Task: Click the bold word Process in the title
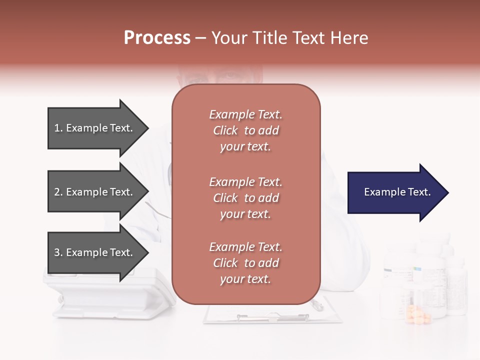point(157,38)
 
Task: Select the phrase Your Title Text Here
point(290,38)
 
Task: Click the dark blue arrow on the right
point(395,192)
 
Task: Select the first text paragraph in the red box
point(245,130)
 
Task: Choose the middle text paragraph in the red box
point(245,198)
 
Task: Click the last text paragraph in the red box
point(245,263)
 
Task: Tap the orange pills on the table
point(419,315)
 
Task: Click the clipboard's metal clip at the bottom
point(272,317)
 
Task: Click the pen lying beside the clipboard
point(317,304)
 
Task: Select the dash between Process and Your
point(201,38)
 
